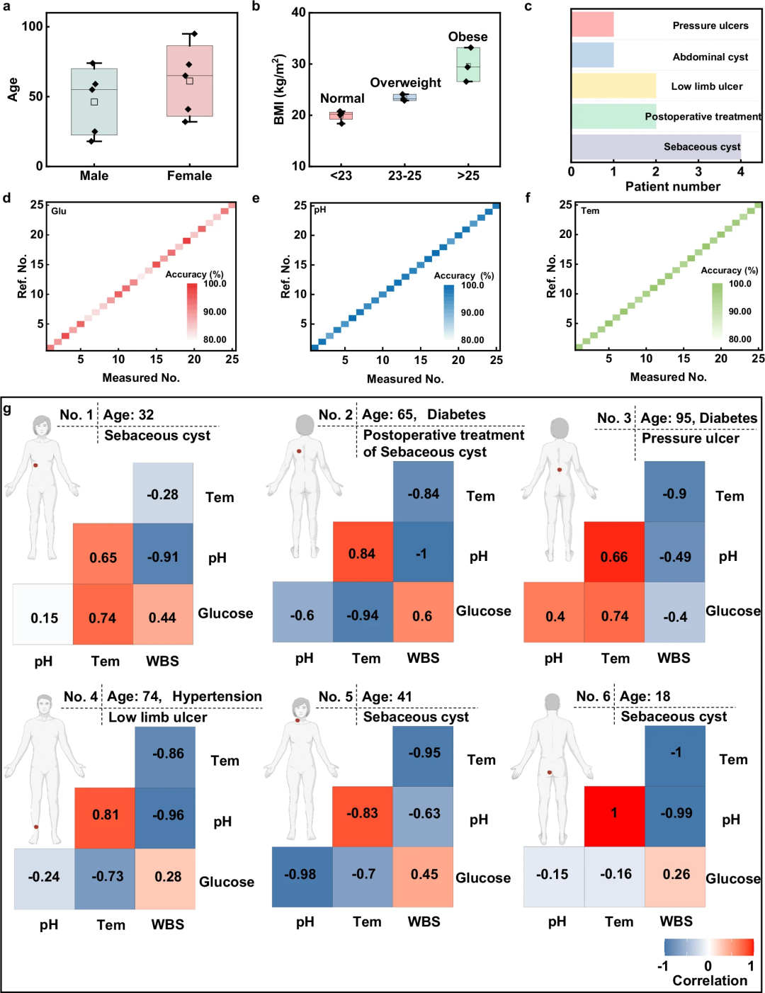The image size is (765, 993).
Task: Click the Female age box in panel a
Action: (x=189, y=81)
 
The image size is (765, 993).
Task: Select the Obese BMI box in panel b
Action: (x=467, y=64)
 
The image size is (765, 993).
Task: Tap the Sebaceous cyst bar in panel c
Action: (x=656, y=147)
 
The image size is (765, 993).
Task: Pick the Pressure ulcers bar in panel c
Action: (x=592, y=25)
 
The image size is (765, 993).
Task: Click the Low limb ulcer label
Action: (x=707, y=86)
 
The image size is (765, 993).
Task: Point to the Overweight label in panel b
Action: (x=405, y=83)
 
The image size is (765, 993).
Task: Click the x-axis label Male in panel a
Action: (x=94, y=176)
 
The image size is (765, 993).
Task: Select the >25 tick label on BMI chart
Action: (x=467, y=176)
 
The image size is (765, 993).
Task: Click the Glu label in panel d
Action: (x=59, y=211)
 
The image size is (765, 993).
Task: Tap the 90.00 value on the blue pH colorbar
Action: (x=472, y=312)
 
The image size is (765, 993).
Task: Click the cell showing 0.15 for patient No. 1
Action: (x=43, y=618)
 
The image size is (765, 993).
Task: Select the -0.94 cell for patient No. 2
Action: (x=363, y=615)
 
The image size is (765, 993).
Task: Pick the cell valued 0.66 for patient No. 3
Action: (x=614, y=556)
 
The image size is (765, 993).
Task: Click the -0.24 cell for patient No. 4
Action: (x=44, y=877)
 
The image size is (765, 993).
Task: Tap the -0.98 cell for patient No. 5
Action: (x=301, y=875)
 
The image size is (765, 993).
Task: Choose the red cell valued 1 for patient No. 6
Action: (x=614, y=814)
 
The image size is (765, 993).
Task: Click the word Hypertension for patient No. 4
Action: (x=217, y=696)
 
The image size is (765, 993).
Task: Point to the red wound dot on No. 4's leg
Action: (x=36, y=827)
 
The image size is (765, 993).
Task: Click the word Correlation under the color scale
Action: (x=710, y=981)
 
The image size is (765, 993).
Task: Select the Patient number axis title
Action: (x=672, y=187)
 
